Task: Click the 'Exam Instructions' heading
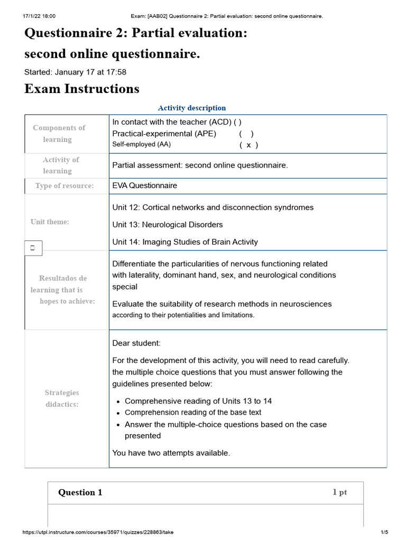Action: pos(82,89)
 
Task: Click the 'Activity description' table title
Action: pos(192,108)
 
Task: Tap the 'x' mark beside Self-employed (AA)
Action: pos(248,145)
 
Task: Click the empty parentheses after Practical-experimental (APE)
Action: pos(246,134)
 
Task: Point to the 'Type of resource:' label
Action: pos(64,185)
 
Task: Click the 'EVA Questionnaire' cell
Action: pos(145,185)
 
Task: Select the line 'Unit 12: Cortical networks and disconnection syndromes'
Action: pos(213,207)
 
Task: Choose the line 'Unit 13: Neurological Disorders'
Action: pos(168,225)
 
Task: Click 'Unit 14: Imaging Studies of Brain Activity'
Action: pos(185,242)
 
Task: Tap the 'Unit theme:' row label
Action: pos(50,222)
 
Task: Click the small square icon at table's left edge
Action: pos(33,247)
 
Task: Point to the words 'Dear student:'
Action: pos(136,343)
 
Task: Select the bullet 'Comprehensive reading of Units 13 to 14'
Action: pos(198,401)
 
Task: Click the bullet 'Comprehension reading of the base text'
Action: pos(193,412)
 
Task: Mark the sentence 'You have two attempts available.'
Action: pos(171,453)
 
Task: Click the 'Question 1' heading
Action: pos(80,492)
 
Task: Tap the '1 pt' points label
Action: pos(339,492)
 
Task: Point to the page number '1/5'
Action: pos(384,532)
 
